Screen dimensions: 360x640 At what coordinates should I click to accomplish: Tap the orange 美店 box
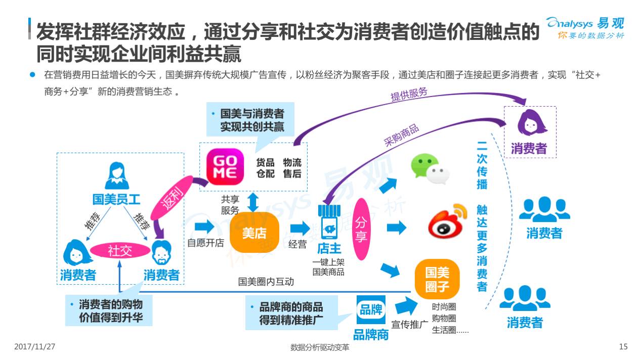(254, 233)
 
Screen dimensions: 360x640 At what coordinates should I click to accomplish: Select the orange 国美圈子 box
(437, 280)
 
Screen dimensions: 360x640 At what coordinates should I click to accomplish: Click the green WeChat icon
(430, 168)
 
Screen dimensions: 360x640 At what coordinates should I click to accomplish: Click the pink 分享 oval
(361, 229)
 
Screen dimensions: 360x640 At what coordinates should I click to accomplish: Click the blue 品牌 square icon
(371, 310)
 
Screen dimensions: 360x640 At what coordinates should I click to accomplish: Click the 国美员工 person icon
(116, 176)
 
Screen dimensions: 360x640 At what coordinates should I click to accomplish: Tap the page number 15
(623, 346)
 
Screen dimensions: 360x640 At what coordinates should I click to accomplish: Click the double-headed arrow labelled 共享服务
(253, 202)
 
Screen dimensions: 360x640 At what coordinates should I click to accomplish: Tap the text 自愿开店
(205, 243)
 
